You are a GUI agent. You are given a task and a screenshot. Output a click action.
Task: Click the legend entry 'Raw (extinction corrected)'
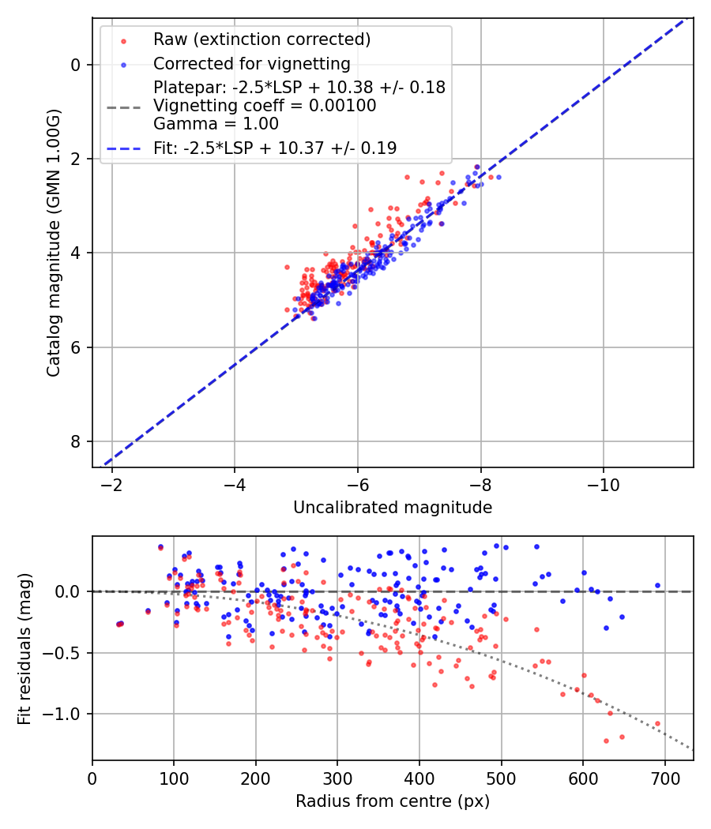click(x=261, y=39)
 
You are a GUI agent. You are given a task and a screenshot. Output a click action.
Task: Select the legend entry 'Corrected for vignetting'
click(x=251, y=63)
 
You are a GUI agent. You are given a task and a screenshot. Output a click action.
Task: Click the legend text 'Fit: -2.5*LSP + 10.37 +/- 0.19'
click(x=275, y=148)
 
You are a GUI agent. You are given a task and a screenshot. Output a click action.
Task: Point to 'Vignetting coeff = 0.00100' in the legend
click(x=265, y=106)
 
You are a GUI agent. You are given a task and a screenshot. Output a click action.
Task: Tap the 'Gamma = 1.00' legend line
click(x=216, y=124)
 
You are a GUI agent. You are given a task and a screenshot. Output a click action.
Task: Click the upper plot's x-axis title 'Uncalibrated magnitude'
click(x=393, y=508)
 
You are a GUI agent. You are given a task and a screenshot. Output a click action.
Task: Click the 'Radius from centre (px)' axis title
click(x=393, y=801)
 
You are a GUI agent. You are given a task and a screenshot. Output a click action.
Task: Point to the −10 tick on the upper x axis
click(x=604, y=482)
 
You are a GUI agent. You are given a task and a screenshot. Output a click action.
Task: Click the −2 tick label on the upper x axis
click(x=111, y=482)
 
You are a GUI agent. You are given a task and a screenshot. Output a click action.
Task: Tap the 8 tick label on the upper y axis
click(x=76, y=441)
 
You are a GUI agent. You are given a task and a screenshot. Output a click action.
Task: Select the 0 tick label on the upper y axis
click(x=76, y=65)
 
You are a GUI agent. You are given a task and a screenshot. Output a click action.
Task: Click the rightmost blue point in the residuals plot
click(x=657, y=586)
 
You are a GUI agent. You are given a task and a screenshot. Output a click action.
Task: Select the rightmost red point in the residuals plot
click(x=657, y=723)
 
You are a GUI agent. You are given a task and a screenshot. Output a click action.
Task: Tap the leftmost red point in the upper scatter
click(x=287, y=267)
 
